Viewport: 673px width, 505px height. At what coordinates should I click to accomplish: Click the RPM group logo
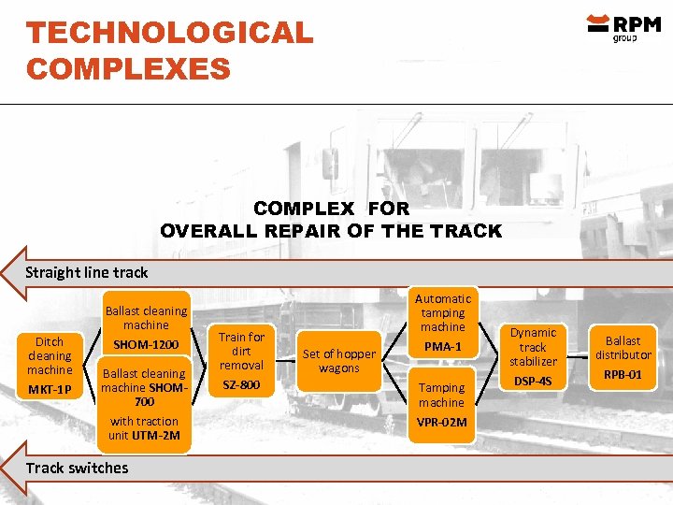pyautogui.click(x=623, y=27)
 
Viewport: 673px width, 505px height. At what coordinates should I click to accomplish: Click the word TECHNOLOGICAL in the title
pyautogui.click(x=170, y=34)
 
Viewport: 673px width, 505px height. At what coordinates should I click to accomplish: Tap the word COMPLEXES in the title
pyautogui.click(x=128, y=68)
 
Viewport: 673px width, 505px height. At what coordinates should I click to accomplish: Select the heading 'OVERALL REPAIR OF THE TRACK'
pyautogui.click(x=331, y=231)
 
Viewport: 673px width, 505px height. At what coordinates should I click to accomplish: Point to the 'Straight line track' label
pyautogui.click(x=86, y=273)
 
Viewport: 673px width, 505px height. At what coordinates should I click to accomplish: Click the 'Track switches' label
pyautogui.click(x=77, y=468)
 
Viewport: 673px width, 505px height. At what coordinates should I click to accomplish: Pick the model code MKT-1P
pyautogui.click(x=50, y=389)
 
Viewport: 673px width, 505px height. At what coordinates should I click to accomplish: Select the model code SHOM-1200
pyautogui.click(x=146, y=345)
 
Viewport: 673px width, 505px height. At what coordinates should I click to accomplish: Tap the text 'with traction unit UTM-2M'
pyautogui.click(x=144, y=428)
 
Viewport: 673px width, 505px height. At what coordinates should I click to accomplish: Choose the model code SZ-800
pyautogui.click(x=242, y=385)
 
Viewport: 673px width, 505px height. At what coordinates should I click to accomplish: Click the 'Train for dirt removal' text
pyautogui.click(x=242, y=351)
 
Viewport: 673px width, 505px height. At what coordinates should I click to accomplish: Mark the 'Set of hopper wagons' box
pyautogui.click(x=338, y=361)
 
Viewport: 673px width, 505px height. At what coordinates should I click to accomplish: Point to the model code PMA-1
pyautogui.click(x=442, y=347)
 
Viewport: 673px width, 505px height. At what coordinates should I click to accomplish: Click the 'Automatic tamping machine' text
pyautogui.click(x=442, y=312)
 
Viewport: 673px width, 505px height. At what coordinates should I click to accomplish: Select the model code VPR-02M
pyautogui.click(x=442, y=423)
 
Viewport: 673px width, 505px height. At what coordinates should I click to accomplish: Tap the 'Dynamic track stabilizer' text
pyautogui.click(x=533, y=347)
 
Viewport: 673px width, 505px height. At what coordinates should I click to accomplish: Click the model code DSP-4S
pyautogui.click(x=533, y=382)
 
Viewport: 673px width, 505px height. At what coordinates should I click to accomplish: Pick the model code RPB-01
pyautogui.click(x=623, y=374)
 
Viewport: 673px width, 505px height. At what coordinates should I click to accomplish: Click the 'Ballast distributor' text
pyautogui.click(x=623, y=348)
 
